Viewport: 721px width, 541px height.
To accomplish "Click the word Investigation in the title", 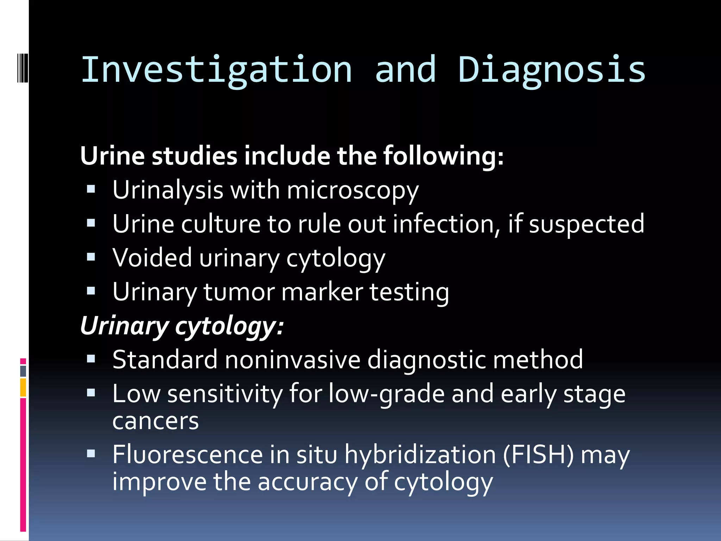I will coord(217,70).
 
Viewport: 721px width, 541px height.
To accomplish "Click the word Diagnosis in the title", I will coord(552,70).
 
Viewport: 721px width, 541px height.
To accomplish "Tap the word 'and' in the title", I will coord(406,70).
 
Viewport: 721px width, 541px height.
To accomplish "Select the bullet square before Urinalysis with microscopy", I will coord(91,189).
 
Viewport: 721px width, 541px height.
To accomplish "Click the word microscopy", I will coord(353,191).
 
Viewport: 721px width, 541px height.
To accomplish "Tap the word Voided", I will coord(152,258).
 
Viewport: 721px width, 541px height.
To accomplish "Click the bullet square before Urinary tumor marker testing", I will coord(91,291).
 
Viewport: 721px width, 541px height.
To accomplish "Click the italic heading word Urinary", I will coord(125,326).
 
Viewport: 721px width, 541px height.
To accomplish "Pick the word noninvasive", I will coord(293,360).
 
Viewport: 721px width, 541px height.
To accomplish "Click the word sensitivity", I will coord(225,394).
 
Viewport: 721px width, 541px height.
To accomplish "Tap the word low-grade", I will coord(387,394).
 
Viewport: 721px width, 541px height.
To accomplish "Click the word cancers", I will coord(155,421).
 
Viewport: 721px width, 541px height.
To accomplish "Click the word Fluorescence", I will coord(187,454).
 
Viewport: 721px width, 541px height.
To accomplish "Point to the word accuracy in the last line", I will coord(307,482).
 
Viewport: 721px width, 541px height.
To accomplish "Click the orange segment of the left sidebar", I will coord(23,387).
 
